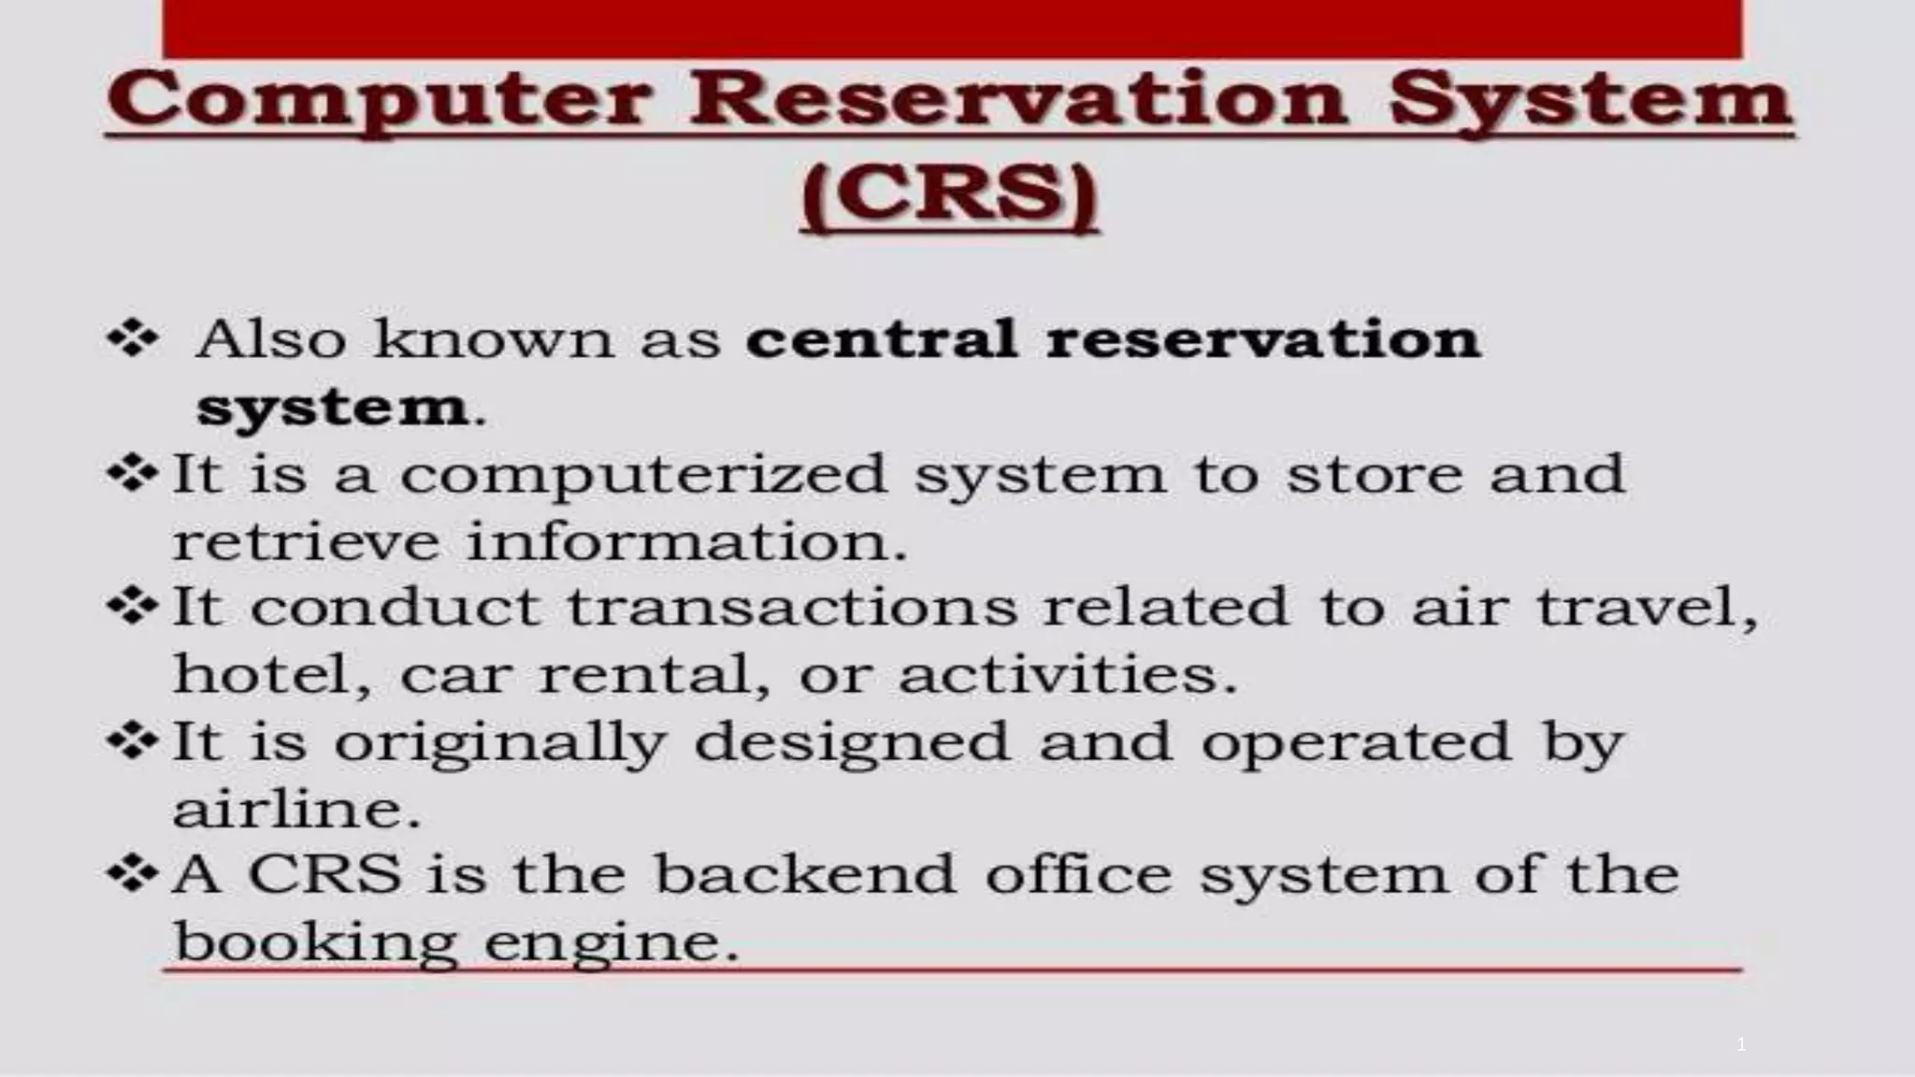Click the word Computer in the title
coord(378,101)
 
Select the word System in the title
coord(1591,101)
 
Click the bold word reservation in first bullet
coord(1263,338)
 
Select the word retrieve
coord(306,542)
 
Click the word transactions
coord(792,608)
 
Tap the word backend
coord(804,875)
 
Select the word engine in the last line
coord(612,941)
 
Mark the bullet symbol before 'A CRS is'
coord(133,873)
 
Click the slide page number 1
coord(1740,1044)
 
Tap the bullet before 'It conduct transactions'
coord(133,607)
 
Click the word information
coord(686,542)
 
